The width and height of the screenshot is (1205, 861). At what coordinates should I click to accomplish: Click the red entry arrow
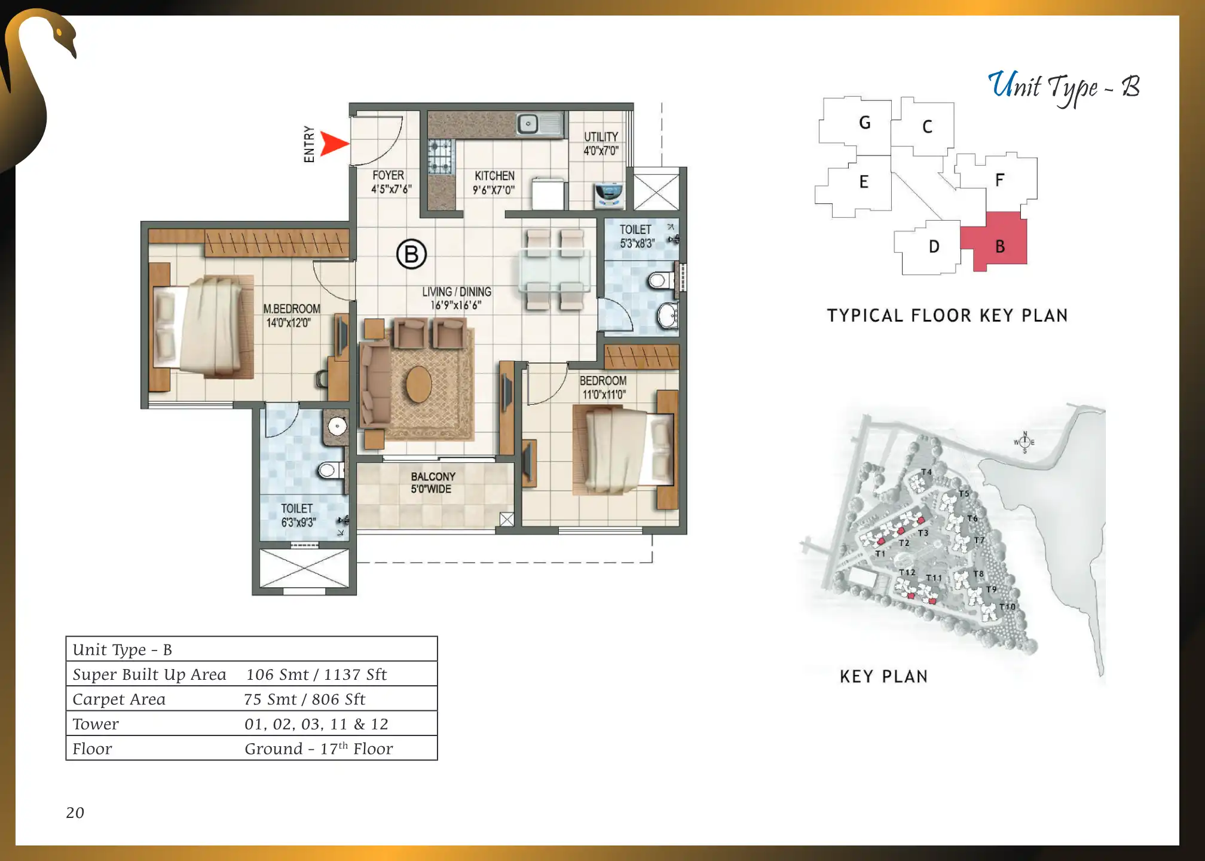334,143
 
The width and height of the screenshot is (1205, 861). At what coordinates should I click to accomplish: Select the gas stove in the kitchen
441,157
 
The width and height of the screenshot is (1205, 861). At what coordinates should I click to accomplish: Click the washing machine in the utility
609,195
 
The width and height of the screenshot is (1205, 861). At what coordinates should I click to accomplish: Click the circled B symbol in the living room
411,254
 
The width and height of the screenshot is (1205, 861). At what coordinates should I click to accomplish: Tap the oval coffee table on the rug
419,384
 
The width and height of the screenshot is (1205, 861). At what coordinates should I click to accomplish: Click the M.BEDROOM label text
292,309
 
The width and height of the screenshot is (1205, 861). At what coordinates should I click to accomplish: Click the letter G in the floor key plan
864,123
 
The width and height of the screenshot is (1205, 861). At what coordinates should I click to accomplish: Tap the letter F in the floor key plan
999,180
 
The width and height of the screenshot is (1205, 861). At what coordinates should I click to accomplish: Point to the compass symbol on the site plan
1024,442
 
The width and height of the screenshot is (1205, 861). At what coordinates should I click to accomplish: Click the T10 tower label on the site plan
1007,606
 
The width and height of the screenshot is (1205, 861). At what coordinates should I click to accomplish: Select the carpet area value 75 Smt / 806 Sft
304,699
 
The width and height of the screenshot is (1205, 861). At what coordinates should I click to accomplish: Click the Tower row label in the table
96,724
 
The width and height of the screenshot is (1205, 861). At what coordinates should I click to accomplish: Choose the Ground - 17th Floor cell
319,749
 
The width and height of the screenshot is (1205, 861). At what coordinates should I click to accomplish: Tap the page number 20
75,813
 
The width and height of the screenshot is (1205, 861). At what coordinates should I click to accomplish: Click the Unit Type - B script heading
1063,87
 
